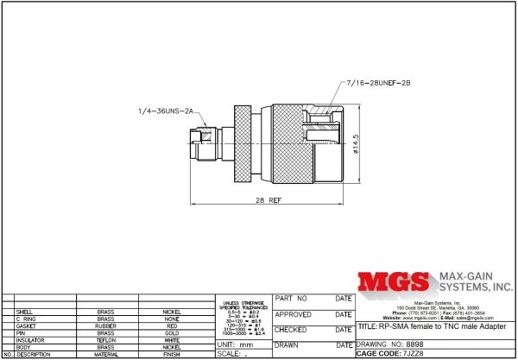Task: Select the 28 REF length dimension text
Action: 270,199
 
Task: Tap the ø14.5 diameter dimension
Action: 356,143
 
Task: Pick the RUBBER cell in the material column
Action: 106,325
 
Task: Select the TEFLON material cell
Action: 106,340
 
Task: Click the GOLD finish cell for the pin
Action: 172,332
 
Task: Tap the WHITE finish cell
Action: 172,340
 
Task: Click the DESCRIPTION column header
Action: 35,354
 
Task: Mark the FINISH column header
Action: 172,354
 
